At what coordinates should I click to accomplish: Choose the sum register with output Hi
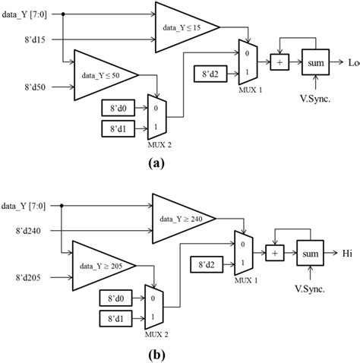point(309,253)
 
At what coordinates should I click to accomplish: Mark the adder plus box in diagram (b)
point(275,253)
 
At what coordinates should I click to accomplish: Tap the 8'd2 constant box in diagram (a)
point(210,74)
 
